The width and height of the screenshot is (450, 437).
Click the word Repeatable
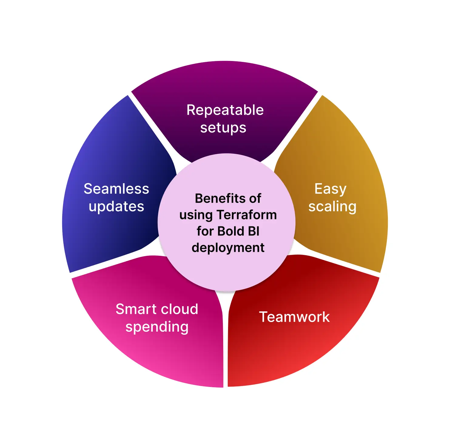225,110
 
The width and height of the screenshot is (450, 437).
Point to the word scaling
332,207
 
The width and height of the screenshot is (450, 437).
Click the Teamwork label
294,317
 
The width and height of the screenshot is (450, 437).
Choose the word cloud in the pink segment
177,309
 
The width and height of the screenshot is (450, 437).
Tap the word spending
157,327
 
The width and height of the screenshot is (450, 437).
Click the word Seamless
116,189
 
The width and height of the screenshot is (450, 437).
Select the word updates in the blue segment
116,207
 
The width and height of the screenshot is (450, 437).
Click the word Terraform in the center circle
247,215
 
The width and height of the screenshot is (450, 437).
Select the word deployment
228,248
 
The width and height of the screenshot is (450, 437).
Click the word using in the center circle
196,215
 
